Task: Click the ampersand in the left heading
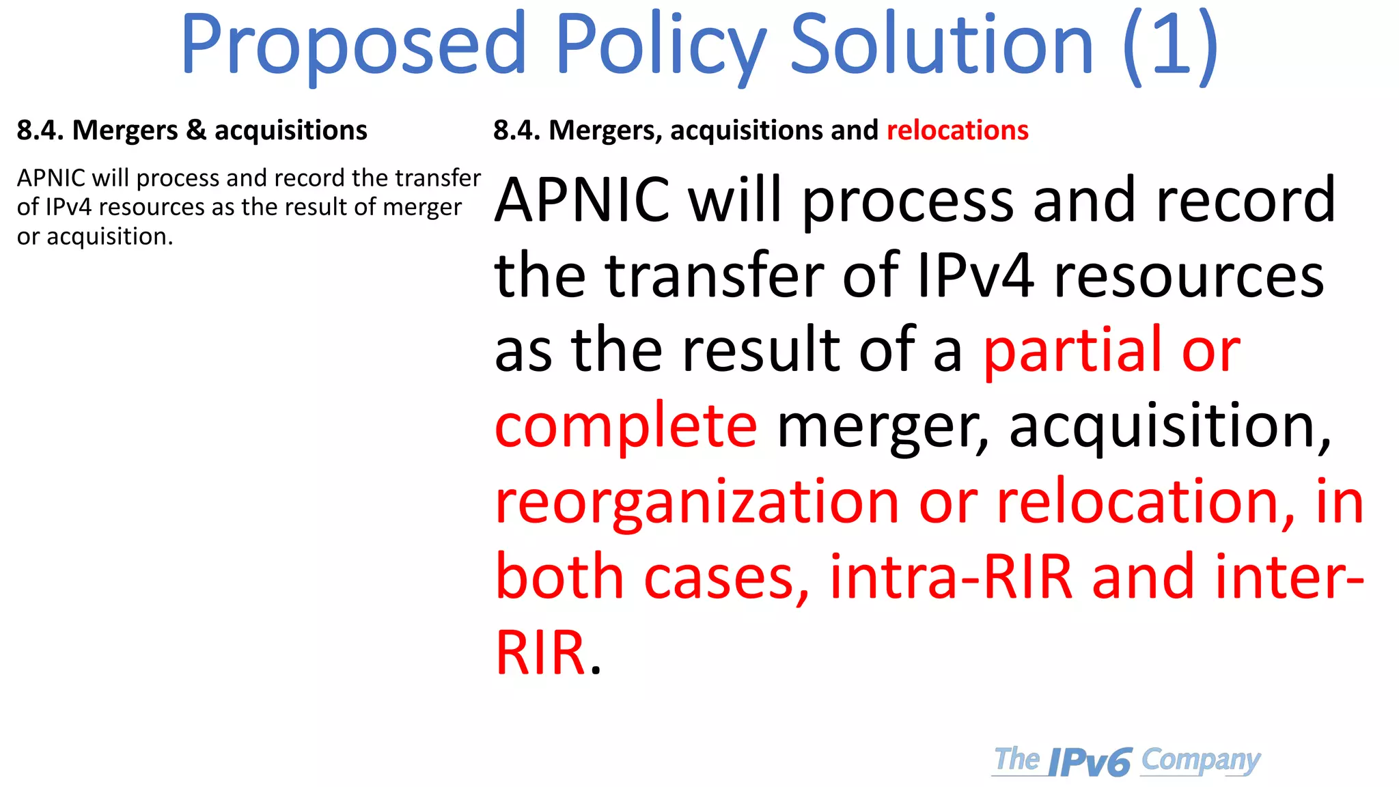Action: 196,130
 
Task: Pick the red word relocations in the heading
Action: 957,130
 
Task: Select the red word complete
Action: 626,425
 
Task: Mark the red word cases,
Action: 726,577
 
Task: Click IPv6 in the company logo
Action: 1090,762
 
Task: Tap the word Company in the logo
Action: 1200,760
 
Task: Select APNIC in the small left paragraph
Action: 51,178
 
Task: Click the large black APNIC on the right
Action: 582,199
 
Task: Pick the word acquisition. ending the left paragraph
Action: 110,236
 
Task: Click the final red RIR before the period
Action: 540,652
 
